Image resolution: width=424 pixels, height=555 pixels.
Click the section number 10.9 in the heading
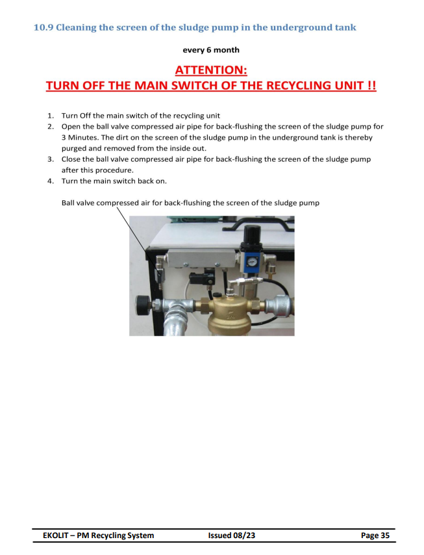(x=43, y=27)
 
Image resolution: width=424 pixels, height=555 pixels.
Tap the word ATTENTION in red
(x=211, y=70)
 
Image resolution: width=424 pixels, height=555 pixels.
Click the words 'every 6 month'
(x=211, y=50)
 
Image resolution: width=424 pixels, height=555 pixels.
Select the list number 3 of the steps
(x=51, y=159)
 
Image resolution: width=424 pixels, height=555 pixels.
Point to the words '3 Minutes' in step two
(x=80, y=137)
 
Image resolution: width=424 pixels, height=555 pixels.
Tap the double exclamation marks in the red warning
(x=371, y=86)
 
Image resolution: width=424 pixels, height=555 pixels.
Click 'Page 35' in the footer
(x=375, y=536)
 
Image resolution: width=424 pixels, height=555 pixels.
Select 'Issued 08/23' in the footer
(x=231, y=536)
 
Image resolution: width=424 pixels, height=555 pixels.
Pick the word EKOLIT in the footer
(x=56, y=536)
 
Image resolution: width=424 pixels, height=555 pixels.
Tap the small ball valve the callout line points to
(x=160, y=274)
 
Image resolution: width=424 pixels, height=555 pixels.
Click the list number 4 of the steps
(x=51, y=181)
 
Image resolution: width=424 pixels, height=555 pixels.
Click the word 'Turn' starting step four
(x=68, y=181)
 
